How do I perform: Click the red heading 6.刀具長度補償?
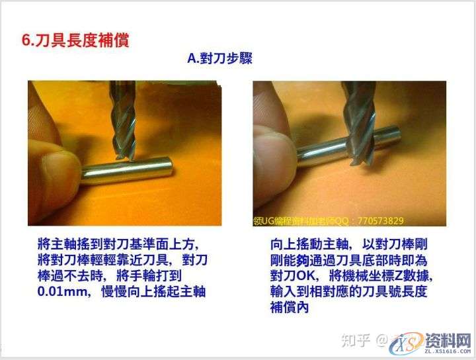coord(75,40)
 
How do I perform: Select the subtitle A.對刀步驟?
coord(219,59)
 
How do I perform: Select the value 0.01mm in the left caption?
coord(63,291)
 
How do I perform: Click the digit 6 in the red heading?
coord(26,40)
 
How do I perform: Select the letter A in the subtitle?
coord(192,59)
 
